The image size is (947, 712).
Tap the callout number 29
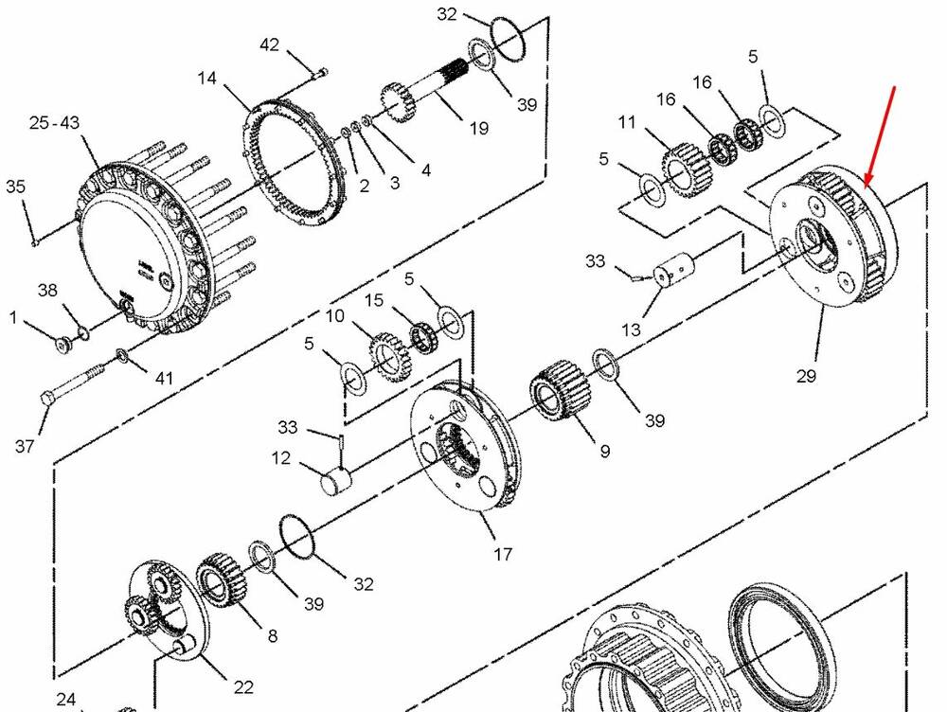(806, 376)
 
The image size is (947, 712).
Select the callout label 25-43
(54, 122)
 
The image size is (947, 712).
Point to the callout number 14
(206, 78)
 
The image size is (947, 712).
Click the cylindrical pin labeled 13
(674, 268)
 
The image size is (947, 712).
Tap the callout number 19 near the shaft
(478, 128)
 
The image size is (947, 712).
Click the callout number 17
(503, 553)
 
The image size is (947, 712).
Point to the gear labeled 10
(389, 356)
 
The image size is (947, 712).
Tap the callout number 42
(269, 44)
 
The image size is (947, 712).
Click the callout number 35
(16, 186)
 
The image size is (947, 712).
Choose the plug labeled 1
(63, 344)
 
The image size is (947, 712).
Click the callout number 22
(243, 686)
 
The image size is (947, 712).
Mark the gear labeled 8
(222, 579)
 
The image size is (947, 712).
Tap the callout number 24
(66, 700)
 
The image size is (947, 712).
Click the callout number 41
(164, 378)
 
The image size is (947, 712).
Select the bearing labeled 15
(424, 337)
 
